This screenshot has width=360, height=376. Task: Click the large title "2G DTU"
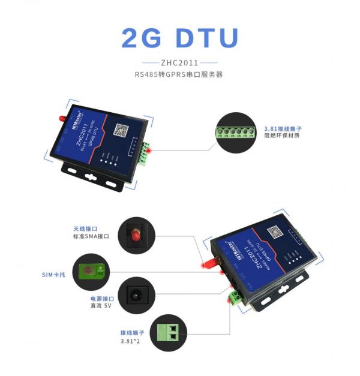[179, 37]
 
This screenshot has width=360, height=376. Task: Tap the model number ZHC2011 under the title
[179, 62]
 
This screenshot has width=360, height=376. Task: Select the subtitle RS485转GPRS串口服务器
[179, 75]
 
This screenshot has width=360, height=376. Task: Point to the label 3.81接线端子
[283, 128]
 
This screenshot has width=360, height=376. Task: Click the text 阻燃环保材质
[281, 136]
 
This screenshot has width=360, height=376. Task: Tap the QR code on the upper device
[122, 130]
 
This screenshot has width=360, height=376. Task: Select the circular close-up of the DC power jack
[136, 295]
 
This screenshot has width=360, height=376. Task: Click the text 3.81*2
[131, 341]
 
